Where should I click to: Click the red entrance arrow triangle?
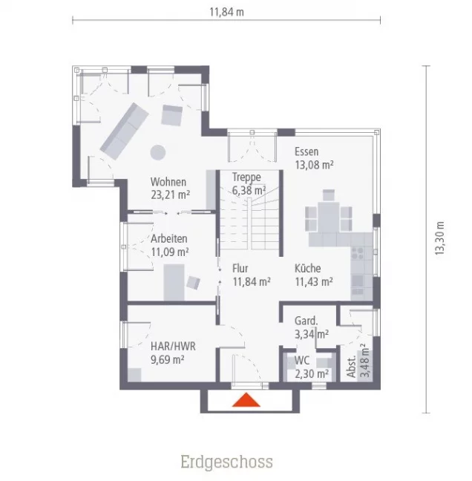[246, 401]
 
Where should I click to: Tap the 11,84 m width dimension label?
[226, 11]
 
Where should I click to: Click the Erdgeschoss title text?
[226, 462]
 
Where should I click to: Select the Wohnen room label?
[168, 182]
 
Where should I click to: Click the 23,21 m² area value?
[171, 195]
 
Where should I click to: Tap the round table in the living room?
[157, 152]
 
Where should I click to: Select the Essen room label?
[307, 151]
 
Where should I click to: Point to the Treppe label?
[246, 177]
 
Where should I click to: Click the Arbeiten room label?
[169, 239]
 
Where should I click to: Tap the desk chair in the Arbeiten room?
[194, 282]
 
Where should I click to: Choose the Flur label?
[240, 268]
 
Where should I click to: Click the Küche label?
[307, 268]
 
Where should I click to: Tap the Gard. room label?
[307, 321]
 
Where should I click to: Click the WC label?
[302, 361]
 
